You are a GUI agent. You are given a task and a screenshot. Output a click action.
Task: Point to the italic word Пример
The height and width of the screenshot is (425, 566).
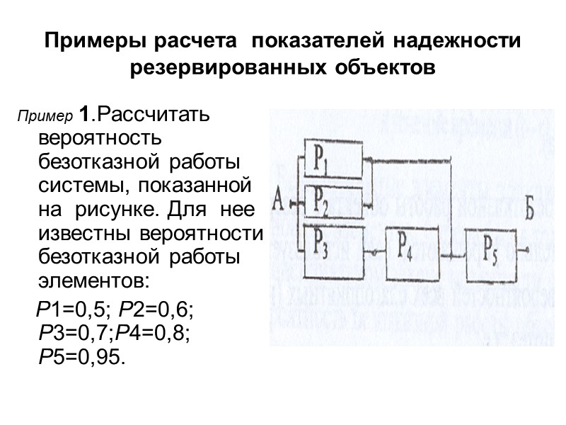pos(45,116)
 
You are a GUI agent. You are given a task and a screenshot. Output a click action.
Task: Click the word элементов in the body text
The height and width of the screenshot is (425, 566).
pos(94,280)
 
